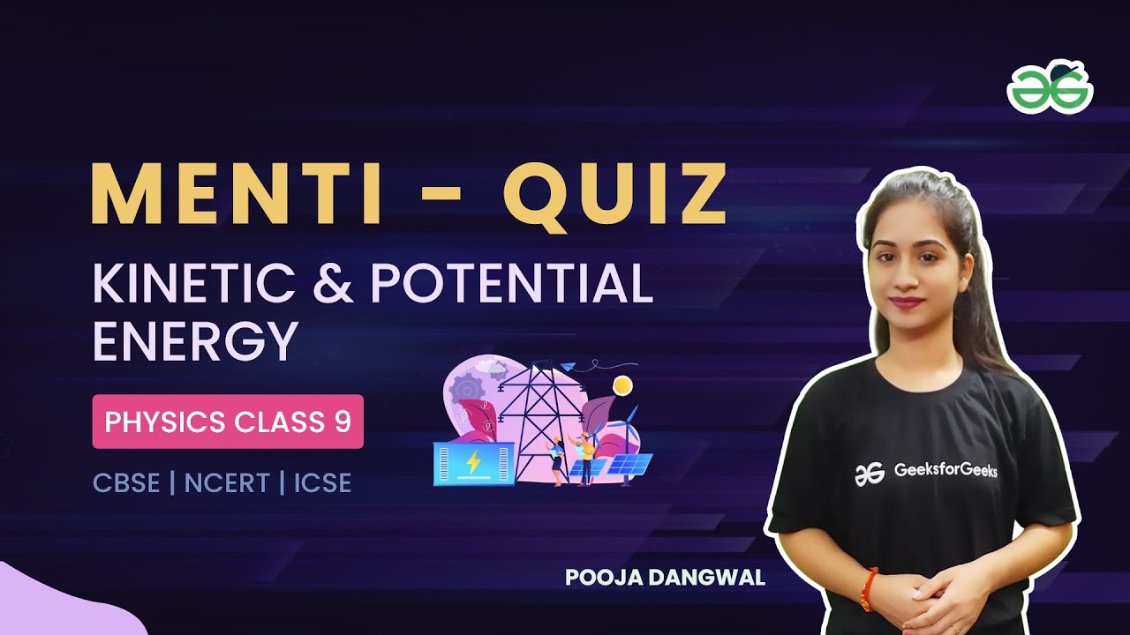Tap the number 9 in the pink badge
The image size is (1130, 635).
[x=343, y=422]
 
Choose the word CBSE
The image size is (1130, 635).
[x=126, y=483]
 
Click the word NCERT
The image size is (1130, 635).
[x=227, y=483]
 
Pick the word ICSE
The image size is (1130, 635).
[x=322, y=483]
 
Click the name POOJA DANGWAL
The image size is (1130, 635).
[x=665, y=578]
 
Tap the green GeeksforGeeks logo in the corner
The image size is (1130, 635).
[x=1050, y=87]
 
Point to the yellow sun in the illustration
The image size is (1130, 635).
[x=623, y=385]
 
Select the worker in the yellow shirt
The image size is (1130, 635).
[x=585, y=457]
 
